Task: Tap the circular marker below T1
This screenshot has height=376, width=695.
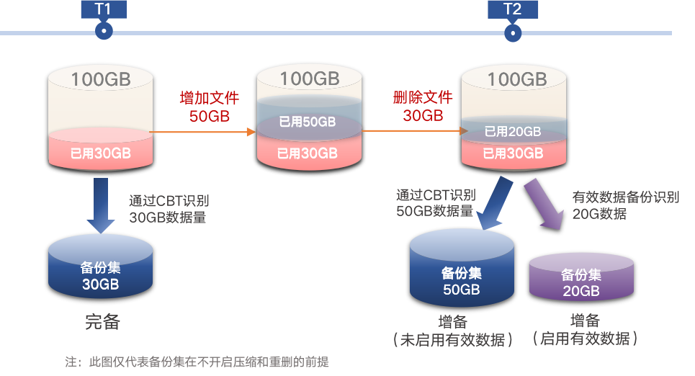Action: point(104,31)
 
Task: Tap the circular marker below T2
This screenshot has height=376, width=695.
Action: point(513,32)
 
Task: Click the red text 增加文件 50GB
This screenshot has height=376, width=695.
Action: point(209,107)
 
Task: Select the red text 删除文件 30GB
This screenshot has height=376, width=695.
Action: point(423,106)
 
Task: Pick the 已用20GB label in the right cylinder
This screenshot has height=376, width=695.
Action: point(513,131)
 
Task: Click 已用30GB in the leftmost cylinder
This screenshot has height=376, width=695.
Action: point(100,153)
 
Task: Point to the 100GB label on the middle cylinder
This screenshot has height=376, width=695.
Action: point(309,79)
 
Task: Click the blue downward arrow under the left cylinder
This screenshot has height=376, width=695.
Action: point(101,205)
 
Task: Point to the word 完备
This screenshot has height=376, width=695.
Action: point(102,322)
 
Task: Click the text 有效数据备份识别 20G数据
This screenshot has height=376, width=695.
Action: point(625,205)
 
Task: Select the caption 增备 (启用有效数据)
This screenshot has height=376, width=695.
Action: point(585,329)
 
